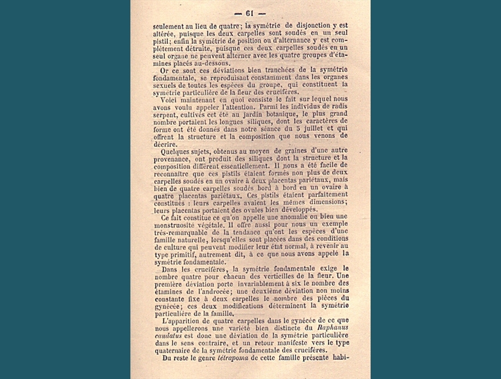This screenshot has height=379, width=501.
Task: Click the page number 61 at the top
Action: click(x=250, y=14)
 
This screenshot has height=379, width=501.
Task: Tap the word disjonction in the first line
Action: click(x=317, y=26)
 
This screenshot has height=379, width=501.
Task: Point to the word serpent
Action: click(x=168, y=114)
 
